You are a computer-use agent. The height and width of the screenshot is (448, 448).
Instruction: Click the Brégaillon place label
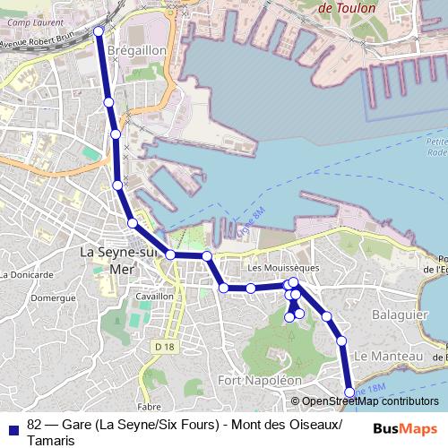click(x=136, y=51)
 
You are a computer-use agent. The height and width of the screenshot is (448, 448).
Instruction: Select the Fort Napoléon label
click(x=260, y=380)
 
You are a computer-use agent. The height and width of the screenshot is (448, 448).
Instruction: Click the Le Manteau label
click(x=388, y=356)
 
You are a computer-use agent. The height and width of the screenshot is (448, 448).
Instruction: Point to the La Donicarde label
click(x=28, y=274)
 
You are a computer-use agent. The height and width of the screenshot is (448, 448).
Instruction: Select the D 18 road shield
click(x=162, y=346)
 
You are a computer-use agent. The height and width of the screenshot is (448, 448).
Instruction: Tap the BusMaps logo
click(x=404, y=428)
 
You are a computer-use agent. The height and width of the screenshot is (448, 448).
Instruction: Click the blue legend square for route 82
click(x=12, y=426)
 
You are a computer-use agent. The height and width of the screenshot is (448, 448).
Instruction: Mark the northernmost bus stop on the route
click(x=99, y=32)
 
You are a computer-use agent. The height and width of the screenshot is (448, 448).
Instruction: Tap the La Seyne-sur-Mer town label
click(x=118, y=259)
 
